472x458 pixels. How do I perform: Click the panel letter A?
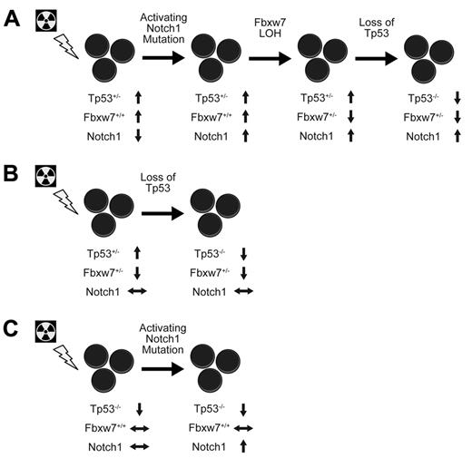12,17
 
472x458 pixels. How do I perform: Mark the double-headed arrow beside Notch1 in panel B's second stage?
242,290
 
